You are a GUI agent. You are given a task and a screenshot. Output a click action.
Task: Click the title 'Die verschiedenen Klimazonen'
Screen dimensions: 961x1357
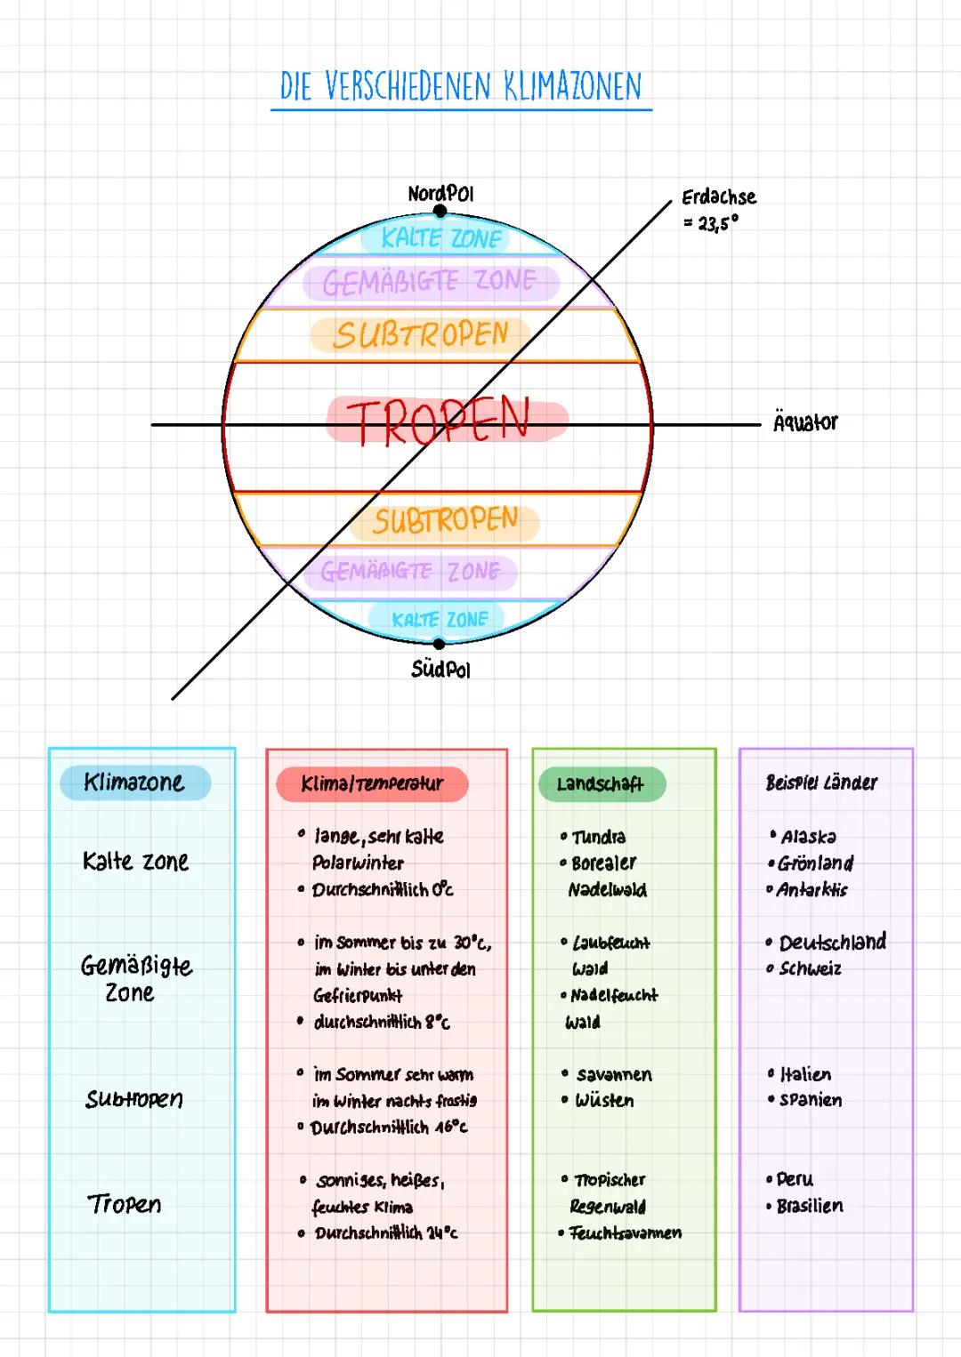(x=460, y=86)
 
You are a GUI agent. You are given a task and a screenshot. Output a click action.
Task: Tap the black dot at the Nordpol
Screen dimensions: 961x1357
(x=440, y=212)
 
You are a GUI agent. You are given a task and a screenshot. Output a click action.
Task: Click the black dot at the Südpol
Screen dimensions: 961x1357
(x=439, y=643)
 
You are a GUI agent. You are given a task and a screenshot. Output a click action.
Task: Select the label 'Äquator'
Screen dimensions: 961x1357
(x=805, y=422)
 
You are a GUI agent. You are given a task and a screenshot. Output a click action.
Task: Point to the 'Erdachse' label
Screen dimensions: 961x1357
(x=719, y=197)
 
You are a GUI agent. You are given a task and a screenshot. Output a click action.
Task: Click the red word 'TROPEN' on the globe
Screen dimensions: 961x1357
(x=438, y=421)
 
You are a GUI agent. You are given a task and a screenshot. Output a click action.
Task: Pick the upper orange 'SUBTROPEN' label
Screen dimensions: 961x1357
(x=421, y=335)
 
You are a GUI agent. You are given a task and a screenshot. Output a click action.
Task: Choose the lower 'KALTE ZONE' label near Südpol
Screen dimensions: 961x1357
(x=440, y=619)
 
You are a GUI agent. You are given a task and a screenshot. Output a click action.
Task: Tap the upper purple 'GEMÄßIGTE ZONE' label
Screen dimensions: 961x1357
(x=430, y=282)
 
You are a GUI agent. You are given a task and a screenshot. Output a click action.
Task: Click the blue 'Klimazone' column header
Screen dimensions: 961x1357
(x=134, y=782)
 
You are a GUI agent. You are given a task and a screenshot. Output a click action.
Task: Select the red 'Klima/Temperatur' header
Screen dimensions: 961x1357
(x=372, y=784)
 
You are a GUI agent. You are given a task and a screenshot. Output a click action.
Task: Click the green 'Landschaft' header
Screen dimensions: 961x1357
(x=602, y=784)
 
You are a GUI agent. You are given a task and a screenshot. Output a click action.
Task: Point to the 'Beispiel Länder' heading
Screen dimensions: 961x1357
(x=821, y=783)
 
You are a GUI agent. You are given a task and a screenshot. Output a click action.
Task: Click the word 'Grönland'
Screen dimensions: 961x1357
(x=815, y=863)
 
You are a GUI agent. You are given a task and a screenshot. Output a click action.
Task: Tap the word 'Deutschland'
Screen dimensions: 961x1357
(x=833, y=942)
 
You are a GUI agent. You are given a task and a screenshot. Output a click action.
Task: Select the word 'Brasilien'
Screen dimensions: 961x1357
(x=810, y=1206)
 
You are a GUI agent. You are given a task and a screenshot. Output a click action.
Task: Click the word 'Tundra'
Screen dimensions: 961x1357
(x=599, y=837)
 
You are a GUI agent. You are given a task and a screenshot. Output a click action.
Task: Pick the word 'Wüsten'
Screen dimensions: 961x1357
(x=604, y=1100)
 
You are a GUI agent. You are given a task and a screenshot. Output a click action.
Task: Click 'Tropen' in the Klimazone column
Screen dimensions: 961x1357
(x=125, y=1204)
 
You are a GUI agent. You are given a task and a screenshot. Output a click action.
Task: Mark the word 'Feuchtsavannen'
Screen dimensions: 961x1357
(x=626, y=1233)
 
